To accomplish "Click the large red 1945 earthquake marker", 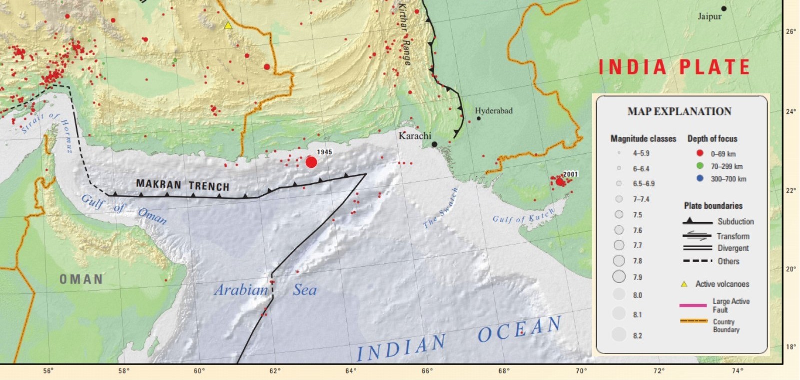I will point(311,162).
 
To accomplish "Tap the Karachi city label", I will point(414,136).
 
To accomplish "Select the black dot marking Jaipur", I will point(724,8).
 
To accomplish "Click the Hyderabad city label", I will point(493,111).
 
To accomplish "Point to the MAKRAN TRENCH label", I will point(182,185).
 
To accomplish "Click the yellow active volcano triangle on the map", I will point(228,25).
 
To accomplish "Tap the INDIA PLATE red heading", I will point(674,67).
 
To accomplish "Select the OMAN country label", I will point(81,279).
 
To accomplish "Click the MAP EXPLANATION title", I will point(679,111).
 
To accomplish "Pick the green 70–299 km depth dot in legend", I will point(700,166).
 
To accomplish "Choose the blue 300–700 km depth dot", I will point(700,178).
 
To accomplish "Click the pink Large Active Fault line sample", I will point(693,305).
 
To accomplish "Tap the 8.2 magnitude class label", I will point(637,336).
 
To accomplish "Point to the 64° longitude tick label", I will point(351,371).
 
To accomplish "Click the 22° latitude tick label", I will point(791,190).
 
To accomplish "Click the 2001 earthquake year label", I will point(570,174).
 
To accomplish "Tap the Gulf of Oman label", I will point(124,209).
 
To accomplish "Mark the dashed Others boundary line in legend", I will point(697,261).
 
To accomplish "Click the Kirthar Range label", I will point(404,34).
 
